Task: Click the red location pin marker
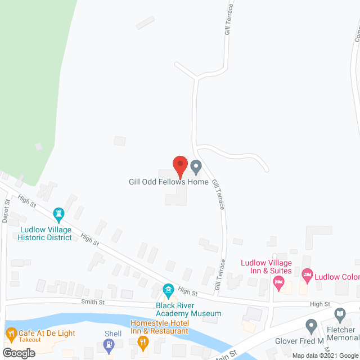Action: click(179, 166)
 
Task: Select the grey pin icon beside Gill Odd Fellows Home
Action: click(196, 166)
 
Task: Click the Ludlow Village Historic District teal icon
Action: click(58, 214)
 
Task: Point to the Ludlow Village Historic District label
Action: click(45, 233)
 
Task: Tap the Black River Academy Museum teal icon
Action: click(168, 291)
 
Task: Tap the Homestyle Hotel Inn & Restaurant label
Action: click(159, 327)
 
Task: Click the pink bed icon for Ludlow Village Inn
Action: click(278, 285)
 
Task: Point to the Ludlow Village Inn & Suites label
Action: click(267, 267)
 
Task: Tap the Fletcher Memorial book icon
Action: click(339, 314)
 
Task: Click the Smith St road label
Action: click(94, 302)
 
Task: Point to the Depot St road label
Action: click(6, 210)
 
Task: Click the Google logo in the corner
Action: click(19, 353)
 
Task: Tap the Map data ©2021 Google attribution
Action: click(321, 355)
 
